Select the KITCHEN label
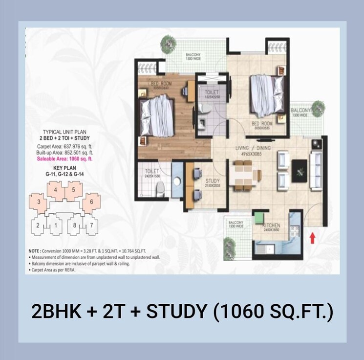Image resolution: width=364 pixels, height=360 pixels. [270, 225]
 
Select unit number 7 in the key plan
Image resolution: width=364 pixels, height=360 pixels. [91, 225]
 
